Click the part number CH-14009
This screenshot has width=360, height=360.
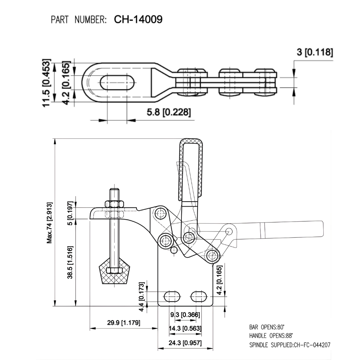click(x=138, y=19)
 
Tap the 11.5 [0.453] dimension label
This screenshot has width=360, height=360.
click(x=46, y=83)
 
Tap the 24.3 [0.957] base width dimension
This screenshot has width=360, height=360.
click(x=185, y=343)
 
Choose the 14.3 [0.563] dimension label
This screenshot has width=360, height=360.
click(x=185, y=328)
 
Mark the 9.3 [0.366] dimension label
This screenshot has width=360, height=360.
click(x=185, y=315)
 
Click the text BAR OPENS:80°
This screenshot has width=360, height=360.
click(x=266, y=327)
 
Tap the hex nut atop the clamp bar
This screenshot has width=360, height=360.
click(x=114, y=204)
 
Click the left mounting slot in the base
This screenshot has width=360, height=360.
click(x=172, y=296)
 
